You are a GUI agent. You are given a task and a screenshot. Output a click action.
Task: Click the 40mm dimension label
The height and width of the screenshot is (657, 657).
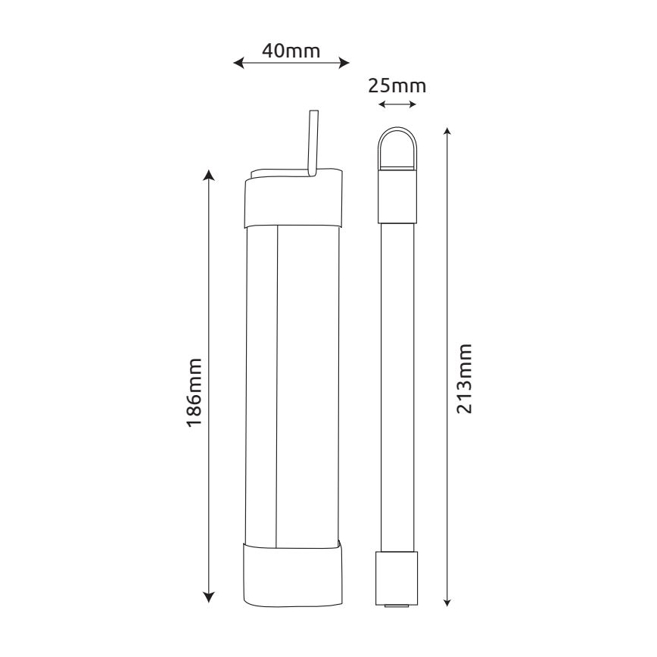(291, 51)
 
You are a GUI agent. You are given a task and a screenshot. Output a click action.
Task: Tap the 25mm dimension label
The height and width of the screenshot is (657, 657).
(397, 85)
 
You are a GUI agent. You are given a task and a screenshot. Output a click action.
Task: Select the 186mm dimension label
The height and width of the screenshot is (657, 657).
(195, 391)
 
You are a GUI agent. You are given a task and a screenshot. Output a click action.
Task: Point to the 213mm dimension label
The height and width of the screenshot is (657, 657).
(465, 378)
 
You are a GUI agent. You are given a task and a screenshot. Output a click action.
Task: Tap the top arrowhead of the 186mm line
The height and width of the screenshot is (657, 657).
(210, 176)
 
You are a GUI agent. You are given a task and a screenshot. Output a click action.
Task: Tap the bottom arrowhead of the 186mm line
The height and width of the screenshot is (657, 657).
(210, 598)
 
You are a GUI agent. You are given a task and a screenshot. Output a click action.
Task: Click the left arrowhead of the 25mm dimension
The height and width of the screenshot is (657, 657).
(381, 104)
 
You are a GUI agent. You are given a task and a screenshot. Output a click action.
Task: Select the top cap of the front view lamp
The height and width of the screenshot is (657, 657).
(292, 201)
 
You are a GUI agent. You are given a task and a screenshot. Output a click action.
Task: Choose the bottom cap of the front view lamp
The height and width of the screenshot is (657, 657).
(292, 574)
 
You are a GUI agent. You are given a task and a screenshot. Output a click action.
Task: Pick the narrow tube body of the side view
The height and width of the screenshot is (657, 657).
(397, 386)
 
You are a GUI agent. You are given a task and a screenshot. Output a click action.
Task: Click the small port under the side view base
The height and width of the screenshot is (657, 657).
(397, 606)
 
